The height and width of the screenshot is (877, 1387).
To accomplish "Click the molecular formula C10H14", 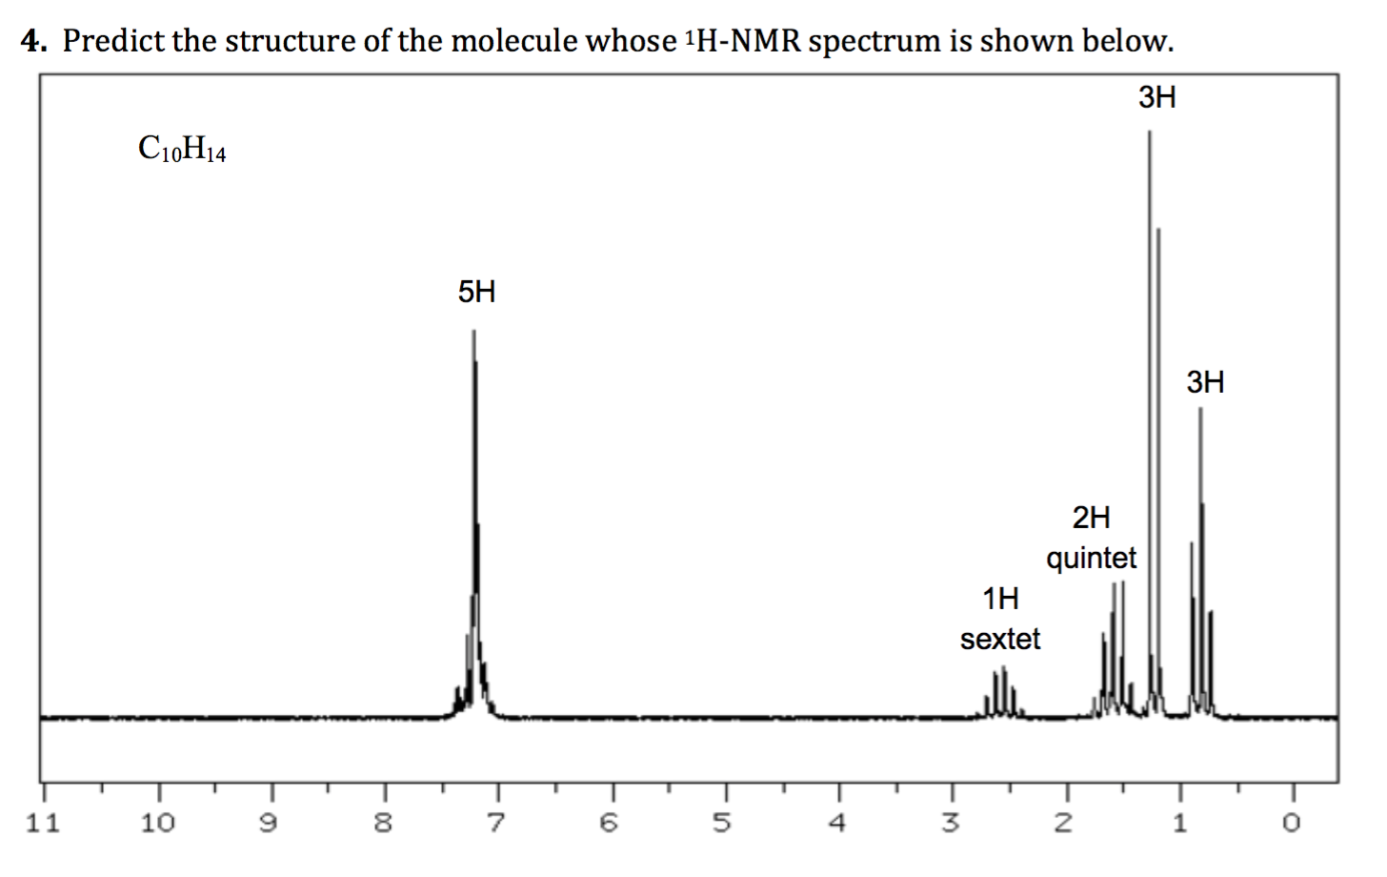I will pyautogui.click(x=182, y=150).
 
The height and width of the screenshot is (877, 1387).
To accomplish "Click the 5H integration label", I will pyautogui.click(x=476, y=292).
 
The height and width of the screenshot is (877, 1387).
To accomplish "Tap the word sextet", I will pyautogui.click(x=1000, y=639).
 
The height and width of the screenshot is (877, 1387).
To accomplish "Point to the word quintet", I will pyautogui.click(x=1091, y=558).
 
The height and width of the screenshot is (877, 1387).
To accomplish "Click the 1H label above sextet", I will pyautogui.click(x=1000, y=599).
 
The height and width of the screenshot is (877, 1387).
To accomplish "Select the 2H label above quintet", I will pyautogui.click(x=1091, y=518).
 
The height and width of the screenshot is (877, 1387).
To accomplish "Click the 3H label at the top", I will pyautogui.click(x=1157, y=97).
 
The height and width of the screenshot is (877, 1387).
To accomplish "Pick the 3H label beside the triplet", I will pyautogui.click(x=1205, y=383).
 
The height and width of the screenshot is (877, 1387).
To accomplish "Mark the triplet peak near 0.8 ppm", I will pyautogui.click(x=1200, y=572).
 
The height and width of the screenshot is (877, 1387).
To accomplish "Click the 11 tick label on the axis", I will pyautogui.click(x=42, y=823).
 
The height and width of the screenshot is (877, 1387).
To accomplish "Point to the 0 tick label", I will pyautogui.click(x=1292, y=823).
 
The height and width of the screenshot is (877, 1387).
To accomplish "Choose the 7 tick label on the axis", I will pyautogui.click(x=497, y=823).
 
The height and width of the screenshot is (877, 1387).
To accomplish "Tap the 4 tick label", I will pyautogui.click(x=837, y=823).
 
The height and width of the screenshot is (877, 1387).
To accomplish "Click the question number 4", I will pyautogui.click(x=34, y=41).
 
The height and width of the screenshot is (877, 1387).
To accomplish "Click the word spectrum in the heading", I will pyautogui.click(x=874, y=41).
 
